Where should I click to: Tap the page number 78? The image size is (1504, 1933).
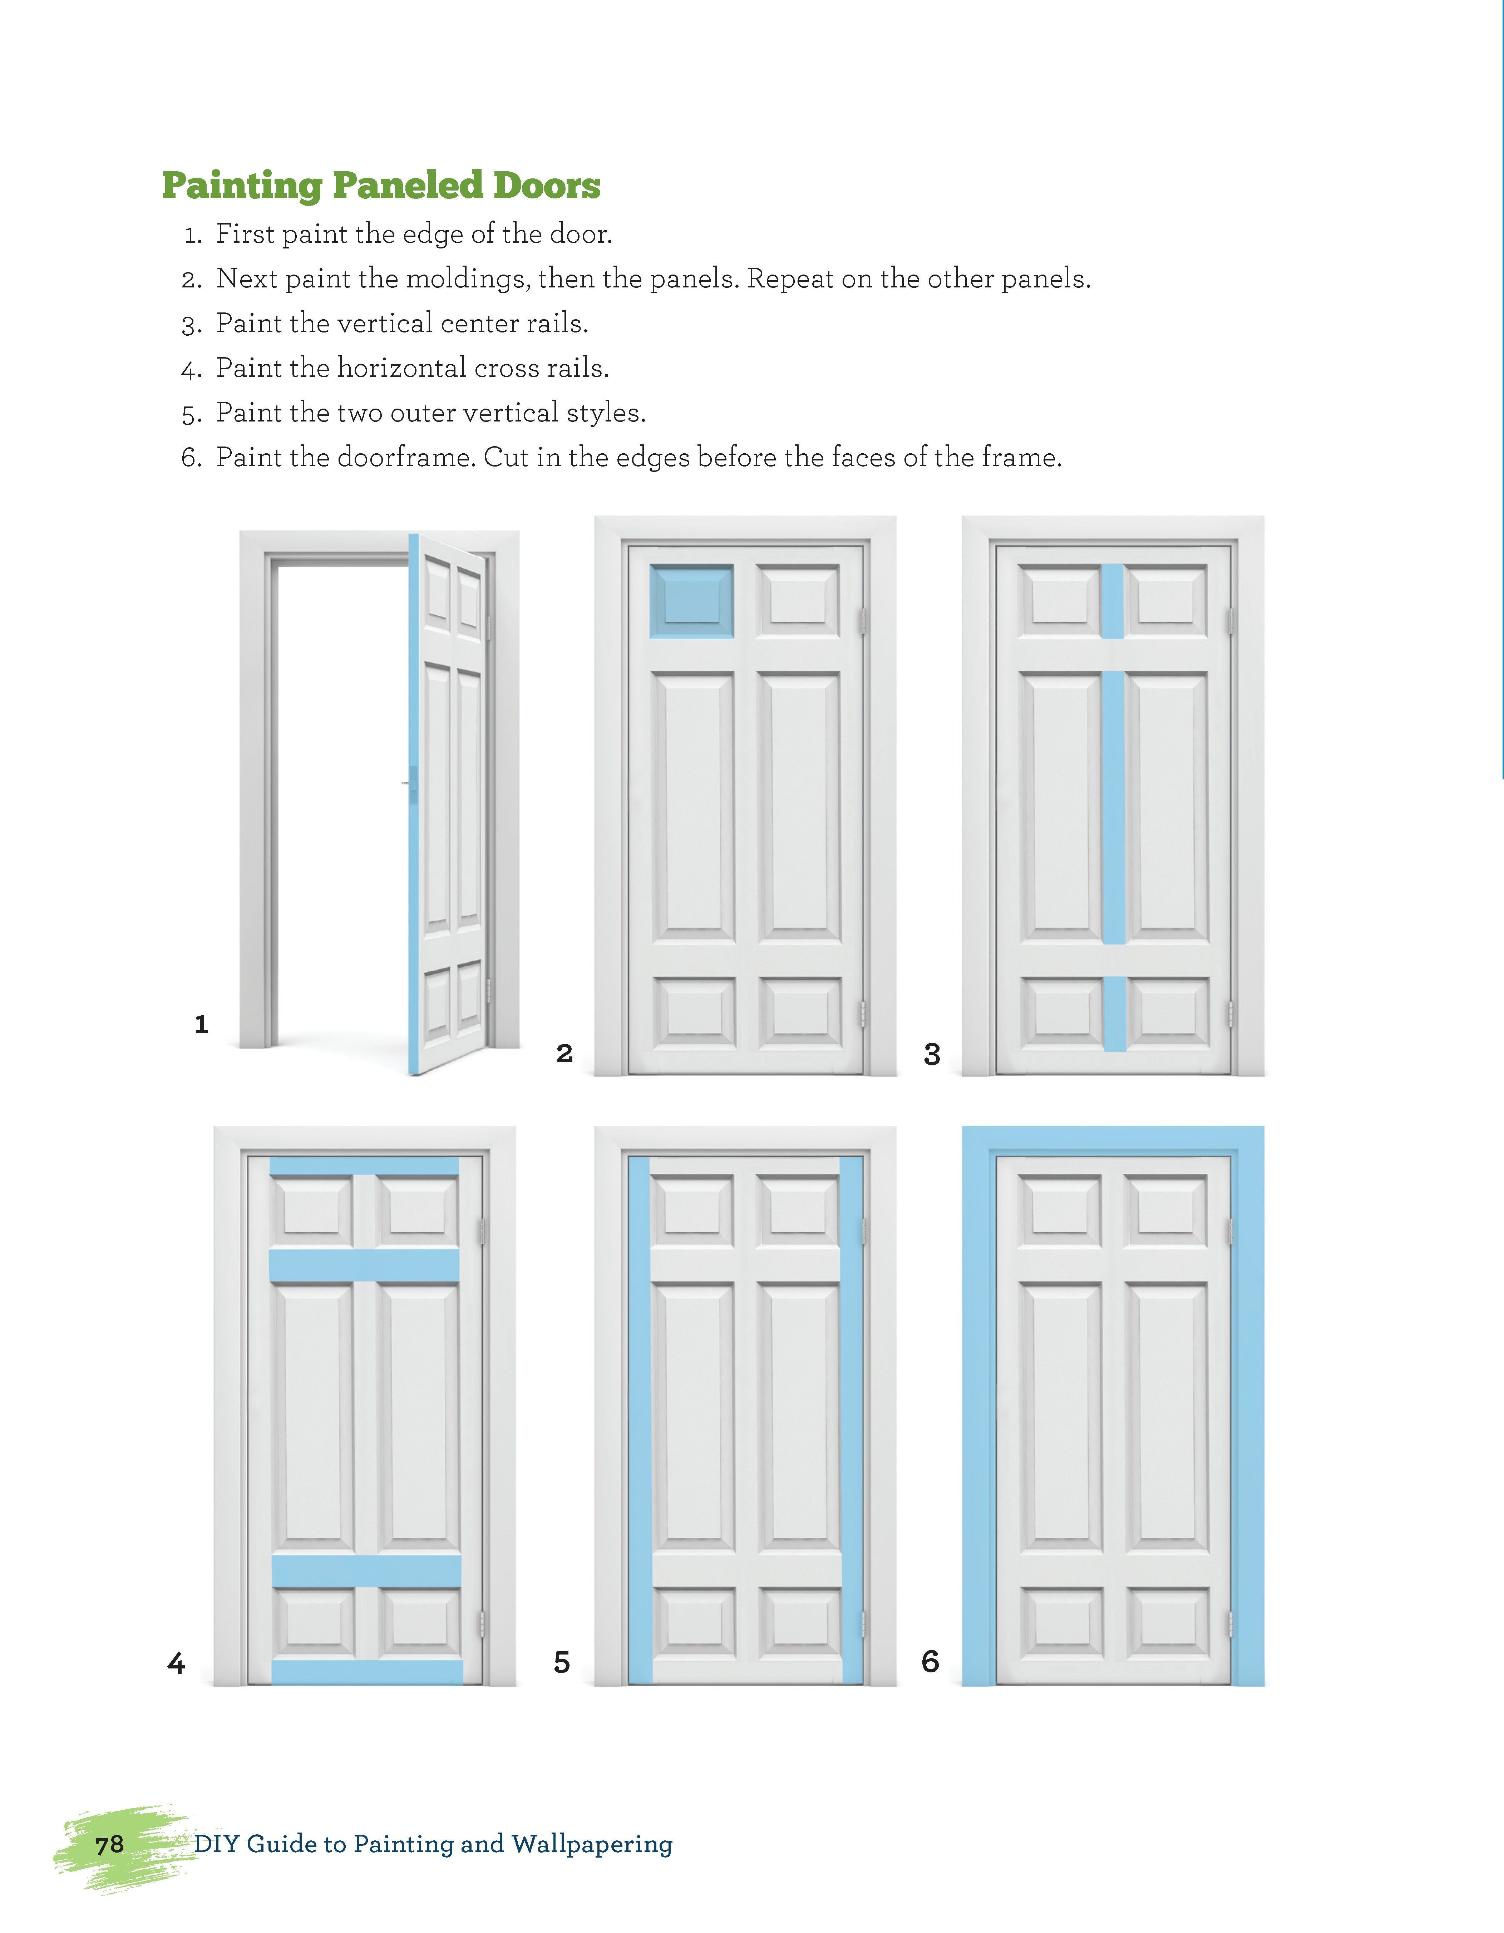pos(110,1844)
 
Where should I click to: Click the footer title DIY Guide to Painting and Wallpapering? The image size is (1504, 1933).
pos(433,1844)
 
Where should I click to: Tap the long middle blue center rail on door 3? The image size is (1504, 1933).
pos(1114,807)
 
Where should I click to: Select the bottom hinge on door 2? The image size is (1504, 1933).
pos(862,1014)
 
